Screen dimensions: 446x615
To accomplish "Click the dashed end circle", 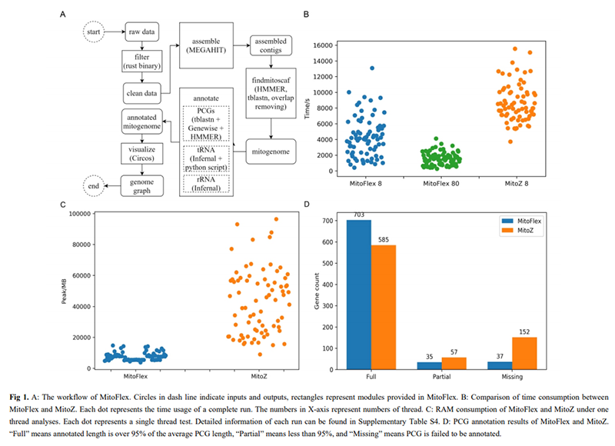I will coord(94,185).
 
